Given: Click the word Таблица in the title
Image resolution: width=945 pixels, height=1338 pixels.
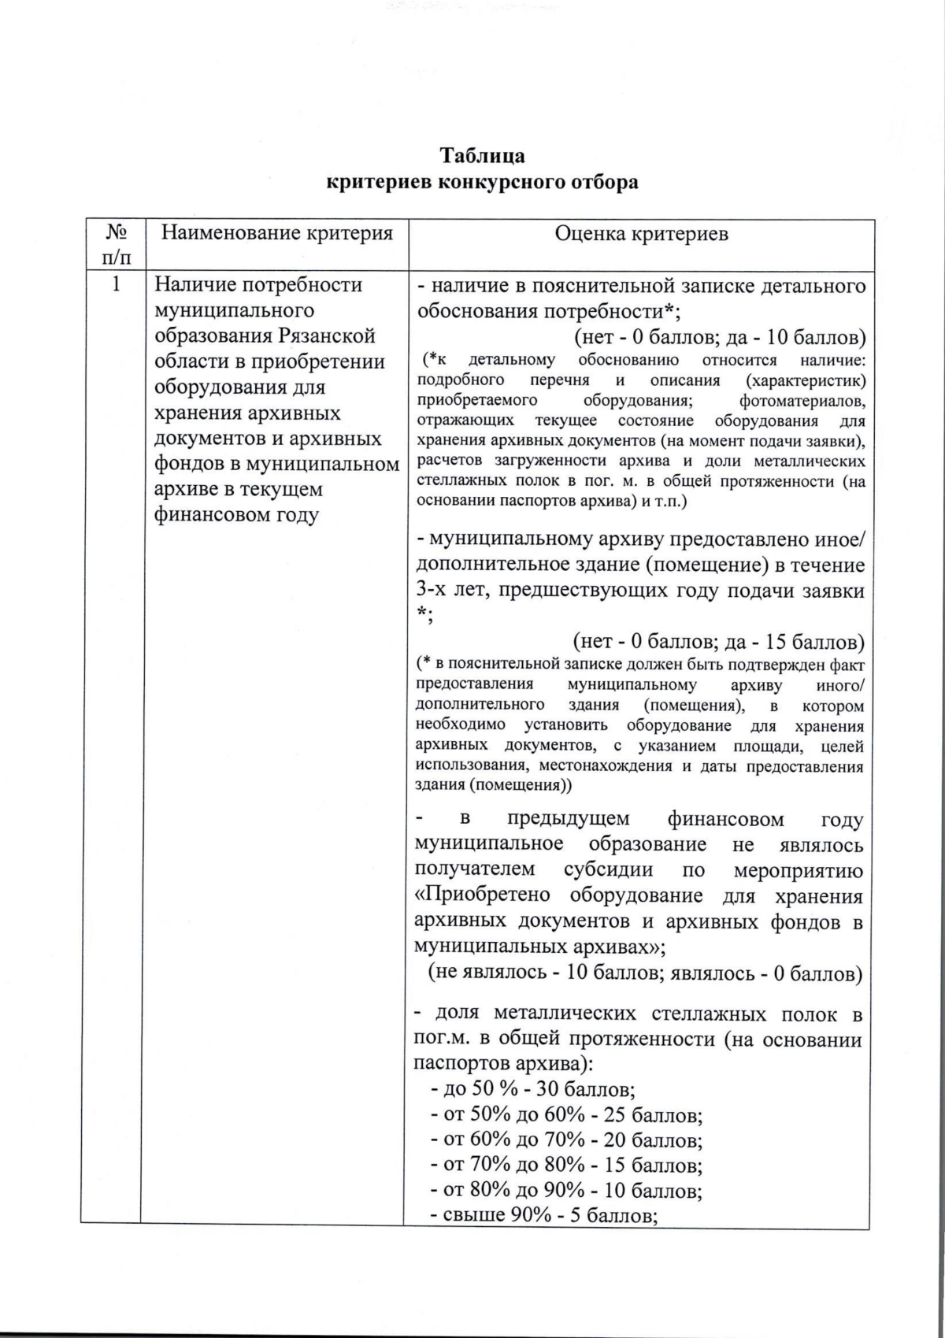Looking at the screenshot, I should [482, 154].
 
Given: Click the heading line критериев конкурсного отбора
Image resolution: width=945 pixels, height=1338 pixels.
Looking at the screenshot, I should [482, 183].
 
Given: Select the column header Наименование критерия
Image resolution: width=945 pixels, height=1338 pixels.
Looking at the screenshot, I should [276, 233].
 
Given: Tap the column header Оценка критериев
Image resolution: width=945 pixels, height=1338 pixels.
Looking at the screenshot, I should [641, 234].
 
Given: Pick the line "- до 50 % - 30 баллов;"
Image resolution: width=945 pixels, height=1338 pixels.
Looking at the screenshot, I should [533, 1090].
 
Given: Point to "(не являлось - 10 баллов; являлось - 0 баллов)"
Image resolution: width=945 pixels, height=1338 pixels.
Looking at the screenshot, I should [645, 973].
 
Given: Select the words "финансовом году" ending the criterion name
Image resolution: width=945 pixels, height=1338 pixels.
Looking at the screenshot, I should [236, 515].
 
